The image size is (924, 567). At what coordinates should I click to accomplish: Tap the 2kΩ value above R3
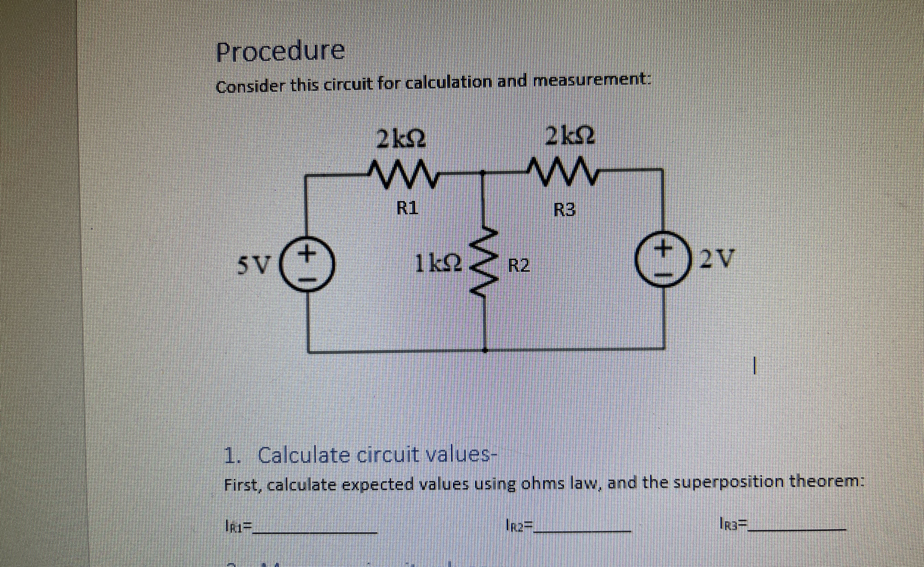570,138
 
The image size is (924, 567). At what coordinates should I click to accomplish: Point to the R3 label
564,211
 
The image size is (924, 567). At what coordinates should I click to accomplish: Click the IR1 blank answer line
315,532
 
